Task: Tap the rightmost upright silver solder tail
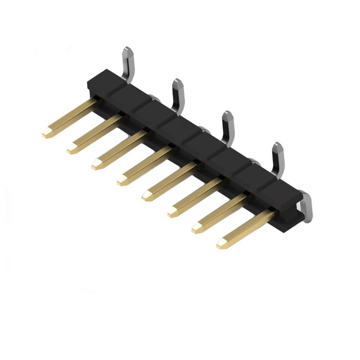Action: click(x=278, y=160)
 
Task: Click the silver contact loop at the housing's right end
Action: click(x=307, y=207)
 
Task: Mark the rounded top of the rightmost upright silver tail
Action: click(x=278, y=147)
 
